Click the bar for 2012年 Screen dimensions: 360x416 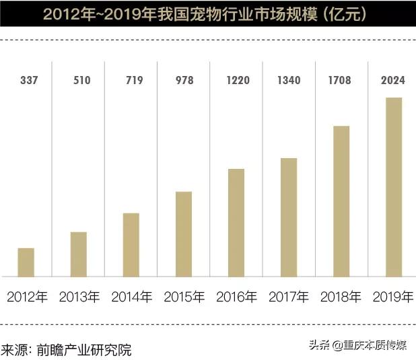pos(26,262)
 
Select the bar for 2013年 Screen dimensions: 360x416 pos(79,254)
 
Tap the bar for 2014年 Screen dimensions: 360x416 pos(131,244)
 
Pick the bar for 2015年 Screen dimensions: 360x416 pos(184,233)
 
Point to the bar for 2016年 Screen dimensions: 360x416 pos(236,222)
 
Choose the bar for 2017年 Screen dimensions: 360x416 pos(289,217)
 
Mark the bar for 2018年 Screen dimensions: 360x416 pos(341,201)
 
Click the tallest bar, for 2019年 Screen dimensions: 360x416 pos(394,186)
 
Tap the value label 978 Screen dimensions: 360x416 pos(184,81)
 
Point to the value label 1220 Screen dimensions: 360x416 pos(236,81)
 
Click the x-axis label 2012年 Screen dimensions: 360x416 pos(27,297)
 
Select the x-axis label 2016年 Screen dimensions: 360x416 pos(236,297)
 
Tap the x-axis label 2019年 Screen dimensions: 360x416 pos(393,297)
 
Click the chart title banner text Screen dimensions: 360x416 pos(208,13)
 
